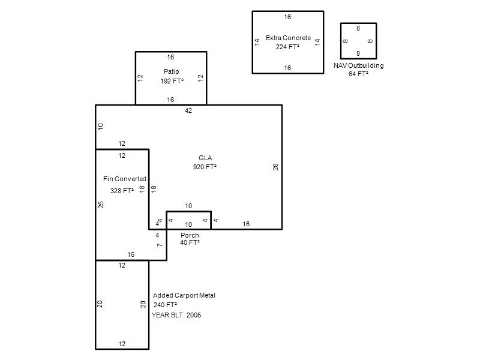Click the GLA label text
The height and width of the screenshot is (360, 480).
[205, 158]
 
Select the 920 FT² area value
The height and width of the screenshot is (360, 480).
[205, 167]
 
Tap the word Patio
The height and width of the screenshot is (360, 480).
[172, 71]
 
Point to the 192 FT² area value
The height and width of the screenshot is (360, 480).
[172, 81]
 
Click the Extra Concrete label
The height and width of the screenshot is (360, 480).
[289, 38]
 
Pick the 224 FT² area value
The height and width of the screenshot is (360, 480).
[287, 47]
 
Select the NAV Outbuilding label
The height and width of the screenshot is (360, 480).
[358, 66]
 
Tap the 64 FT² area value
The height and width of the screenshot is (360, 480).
[358, 74]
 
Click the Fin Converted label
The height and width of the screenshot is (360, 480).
[125, 179]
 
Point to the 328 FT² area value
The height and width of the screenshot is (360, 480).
[122, 191]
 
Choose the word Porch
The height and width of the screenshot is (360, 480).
[190, 235]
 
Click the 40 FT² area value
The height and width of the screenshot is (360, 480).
[190, 242]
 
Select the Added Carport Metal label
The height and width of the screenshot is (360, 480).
[184, 295]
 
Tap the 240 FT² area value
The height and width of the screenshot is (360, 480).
[166, 305]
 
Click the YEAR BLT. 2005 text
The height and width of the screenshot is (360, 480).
[176, 315]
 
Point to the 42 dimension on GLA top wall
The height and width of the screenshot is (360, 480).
[188, 110]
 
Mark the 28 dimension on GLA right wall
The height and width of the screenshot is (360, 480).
[275, 167]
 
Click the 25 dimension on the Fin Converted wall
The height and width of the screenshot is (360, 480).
[101, 205]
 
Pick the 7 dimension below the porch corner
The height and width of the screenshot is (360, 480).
[160, 245]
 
